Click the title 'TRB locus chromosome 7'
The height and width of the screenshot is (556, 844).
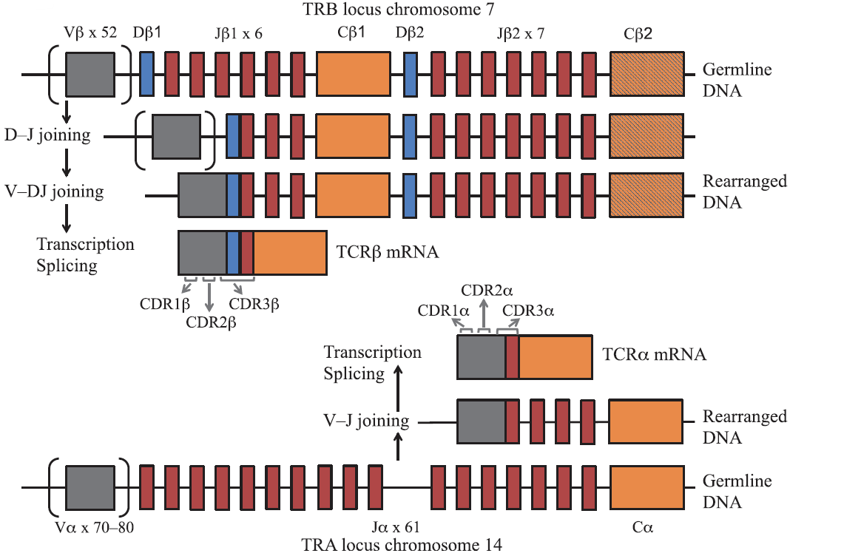pos(398,9)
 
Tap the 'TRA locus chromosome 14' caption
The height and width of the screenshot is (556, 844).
pos(402,545)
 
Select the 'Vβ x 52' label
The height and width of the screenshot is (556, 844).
pos(90,33)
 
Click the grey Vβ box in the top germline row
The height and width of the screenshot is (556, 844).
pos(90,74)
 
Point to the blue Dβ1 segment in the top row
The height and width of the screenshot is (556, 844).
pos(147,74)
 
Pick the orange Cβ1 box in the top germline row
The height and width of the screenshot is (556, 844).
pos(354,74)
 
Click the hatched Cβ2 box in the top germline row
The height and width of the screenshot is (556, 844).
pos(647,74)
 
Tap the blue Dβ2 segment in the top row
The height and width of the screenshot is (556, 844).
pos(411,74)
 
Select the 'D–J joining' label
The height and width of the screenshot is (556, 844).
pos(47,135)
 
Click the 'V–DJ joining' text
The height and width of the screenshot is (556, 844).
pos(54,191)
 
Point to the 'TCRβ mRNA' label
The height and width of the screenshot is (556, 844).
pos(388,252)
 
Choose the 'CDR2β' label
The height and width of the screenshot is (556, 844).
pos(211,322)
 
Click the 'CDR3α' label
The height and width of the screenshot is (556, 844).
pos(528,311)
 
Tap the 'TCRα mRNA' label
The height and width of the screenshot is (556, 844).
pos(654,354)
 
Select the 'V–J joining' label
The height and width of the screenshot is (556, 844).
pos(366,421)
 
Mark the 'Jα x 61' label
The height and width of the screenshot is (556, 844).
pos(396,527)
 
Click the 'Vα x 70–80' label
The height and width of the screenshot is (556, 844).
pos(94,527)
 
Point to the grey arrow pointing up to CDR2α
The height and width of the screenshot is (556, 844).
pos(484,313)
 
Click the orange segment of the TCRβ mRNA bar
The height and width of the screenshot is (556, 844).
pos(290,253)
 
